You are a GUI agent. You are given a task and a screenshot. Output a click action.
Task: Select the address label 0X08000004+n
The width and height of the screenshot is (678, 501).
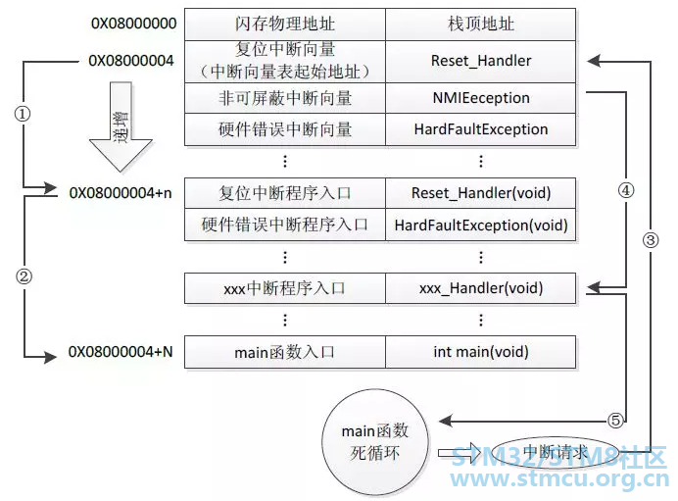coord(121,192)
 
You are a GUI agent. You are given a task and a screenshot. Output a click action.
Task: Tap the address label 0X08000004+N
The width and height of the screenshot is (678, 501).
coord(121,351)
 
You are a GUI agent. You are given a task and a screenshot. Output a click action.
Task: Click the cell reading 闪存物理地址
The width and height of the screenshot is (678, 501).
coord(283,24)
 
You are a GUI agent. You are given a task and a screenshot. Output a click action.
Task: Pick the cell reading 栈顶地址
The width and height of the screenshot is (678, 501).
coord(480,24)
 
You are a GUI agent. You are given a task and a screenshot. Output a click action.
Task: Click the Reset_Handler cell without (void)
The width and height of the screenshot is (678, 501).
coord(480,61)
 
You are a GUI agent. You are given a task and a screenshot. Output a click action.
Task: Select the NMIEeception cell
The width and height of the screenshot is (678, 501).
coord(480,98)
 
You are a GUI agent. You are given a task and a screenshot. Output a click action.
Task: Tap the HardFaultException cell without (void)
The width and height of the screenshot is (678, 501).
coord(480,128)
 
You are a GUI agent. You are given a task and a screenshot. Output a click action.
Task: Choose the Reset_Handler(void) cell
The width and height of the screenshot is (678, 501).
coord(480,192)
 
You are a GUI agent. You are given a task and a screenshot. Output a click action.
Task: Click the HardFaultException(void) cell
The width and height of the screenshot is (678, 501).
coord(480,225)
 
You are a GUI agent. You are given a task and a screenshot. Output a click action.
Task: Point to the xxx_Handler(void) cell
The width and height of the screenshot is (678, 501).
coord(480,288)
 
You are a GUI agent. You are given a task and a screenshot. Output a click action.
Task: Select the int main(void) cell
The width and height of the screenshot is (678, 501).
coord(480,351)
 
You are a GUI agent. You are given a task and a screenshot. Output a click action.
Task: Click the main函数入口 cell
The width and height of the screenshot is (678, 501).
coord(283,351)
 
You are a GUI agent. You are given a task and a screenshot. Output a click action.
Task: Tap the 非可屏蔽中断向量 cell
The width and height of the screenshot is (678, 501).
coord(283,98)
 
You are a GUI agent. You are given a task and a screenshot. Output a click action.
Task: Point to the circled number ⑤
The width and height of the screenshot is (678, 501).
coord(615,421)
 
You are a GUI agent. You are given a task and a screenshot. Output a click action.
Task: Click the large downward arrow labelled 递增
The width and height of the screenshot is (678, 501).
coord(121,137)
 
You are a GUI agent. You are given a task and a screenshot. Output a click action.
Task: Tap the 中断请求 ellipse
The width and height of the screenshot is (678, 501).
coord(555,452)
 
